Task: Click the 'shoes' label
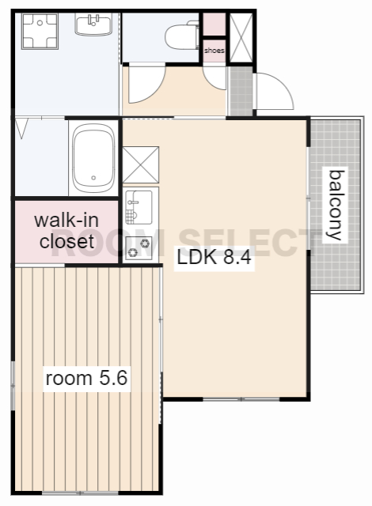click(214, 51)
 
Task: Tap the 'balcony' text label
click(335, 206)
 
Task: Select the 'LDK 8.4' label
click(214, 257)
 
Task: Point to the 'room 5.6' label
click(86, 378)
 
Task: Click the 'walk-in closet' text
click(66, 231)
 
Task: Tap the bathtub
click(93, 158)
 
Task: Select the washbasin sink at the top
click(93, 24)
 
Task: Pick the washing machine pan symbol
click(40, 32)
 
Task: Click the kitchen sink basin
click(139, 207)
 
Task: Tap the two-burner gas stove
click(139, 247)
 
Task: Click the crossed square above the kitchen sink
click(141, 164)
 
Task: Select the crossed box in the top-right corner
click(241, 37)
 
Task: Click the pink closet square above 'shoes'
click(214, 25)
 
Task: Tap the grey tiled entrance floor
click(241, 92)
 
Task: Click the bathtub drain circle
click(93, 178)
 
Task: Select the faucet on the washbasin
click(93, 20)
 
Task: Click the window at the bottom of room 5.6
click(81, 493)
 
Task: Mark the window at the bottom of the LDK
click(241, 399)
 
